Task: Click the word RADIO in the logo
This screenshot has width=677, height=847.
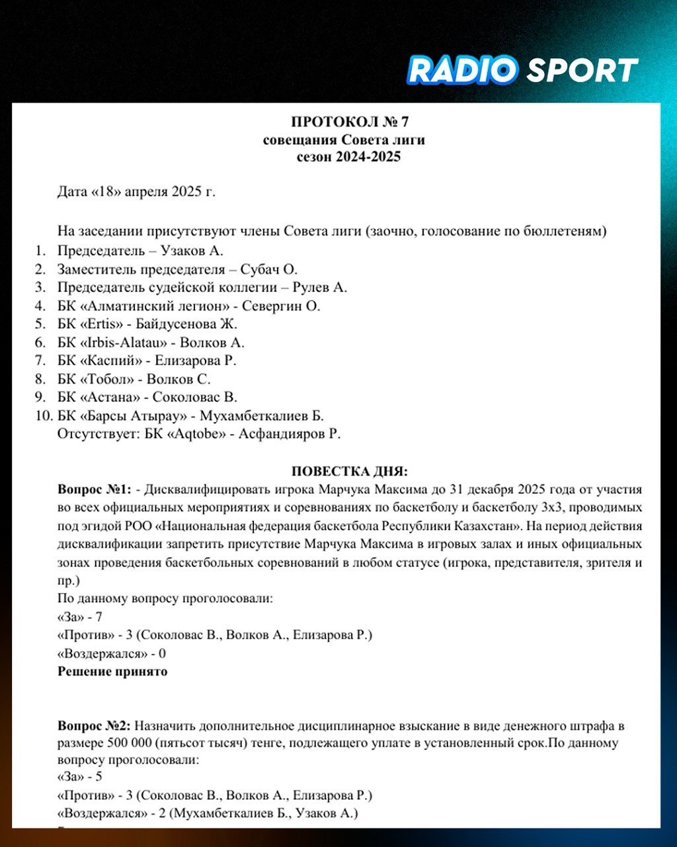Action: coord(461,70)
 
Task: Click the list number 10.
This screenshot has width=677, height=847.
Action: coord(44,416)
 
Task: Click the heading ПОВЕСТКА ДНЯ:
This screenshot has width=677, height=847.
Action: coord(350,472)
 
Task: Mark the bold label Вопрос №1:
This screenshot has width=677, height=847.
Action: coord(95,490)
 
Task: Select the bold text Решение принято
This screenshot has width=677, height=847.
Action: coord(112,672)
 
